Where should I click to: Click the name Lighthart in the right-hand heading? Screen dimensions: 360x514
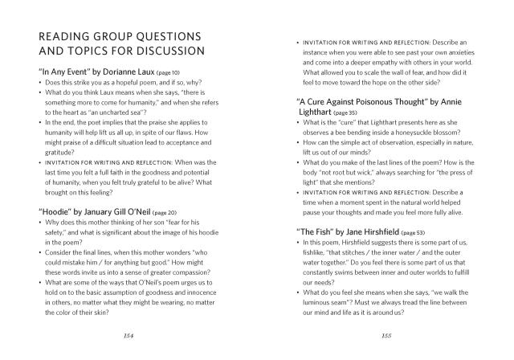[316, 113]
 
